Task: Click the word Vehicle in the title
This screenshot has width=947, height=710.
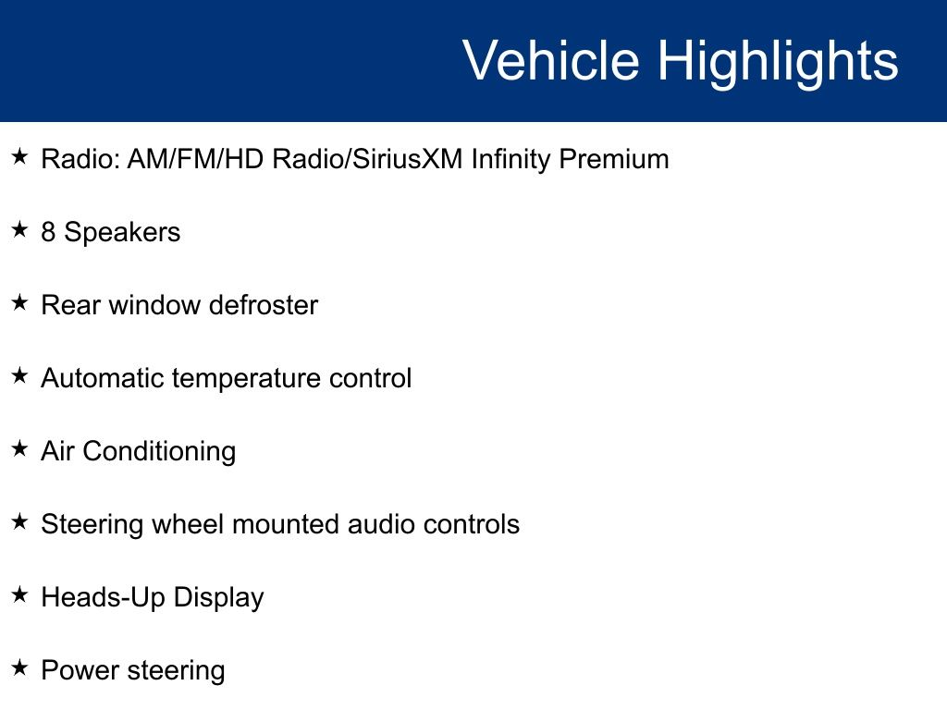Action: click(551, 60)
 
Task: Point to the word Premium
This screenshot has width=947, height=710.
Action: click(614, 159)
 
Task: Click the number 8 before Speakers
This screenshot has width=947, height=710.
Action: click(48, 232)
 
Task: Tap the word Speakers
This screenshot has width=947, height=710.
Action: click(122, 233)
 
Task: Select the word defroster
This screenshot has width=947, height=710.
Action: click(264, 305)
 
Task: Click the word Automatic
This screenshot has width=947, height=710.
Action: click(103, 378)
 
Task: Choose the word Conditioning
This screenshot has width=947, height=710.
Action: click(159, 452)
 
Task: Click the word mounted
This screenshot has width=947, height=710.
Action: click(286, 524)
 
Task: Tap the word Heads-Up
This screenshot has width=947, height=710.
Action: click(104, 598)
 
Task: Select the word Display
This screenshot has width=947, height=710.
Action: click(218, 598)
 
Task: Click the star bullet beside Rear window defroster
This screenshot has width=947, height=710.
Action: click(20, 302)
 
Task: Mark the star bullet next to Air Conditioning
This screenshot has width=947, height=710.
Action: click(20, 448)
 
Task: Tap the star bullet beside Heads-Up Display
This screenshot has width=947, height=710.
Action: click(20, 594)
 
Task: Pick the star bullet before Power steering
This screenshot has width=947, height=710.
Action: click(20, 667)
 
